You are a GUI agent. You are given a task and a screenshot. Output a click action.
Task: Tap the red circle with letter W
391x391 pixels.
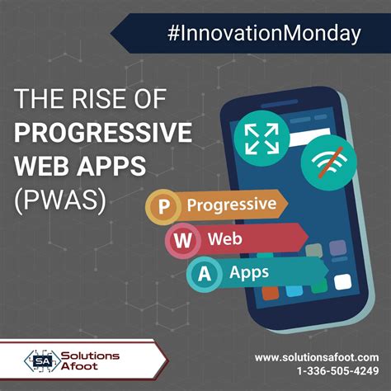[182, 241]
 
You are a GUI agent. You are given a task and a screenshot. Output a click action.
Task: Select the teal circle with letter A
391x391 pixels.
[203, 273]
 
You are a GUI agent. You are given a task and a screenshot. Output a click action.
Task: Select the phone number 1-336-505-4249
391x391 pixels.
[332, 372]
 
